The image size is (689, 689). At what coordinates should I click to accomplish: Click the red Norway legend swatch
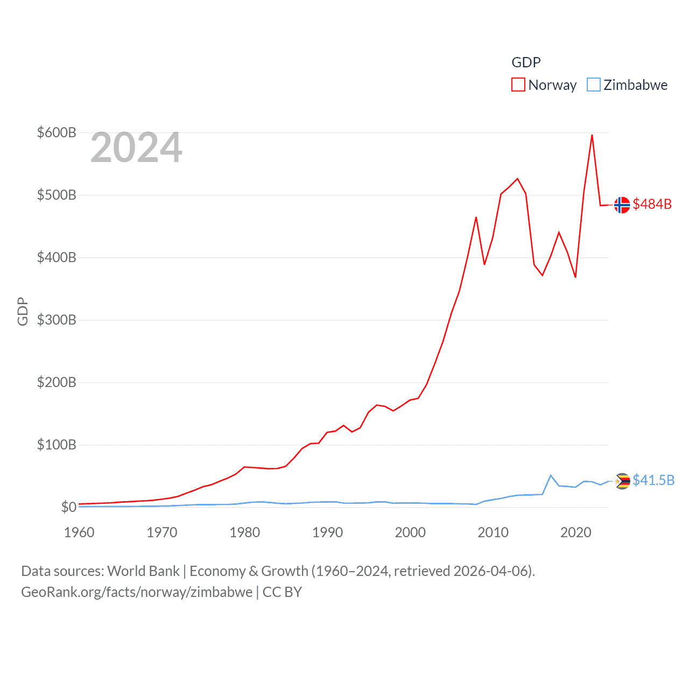[x=518, y=85]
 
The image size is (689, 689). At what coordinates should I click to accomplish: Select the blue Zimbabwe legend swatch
[x=593, y=85]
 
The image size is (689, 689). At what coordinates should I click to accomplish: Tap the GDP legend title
[x=526, y=62]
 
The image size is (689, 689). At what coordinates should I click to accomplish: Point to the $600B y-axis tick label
[x=57, y=132]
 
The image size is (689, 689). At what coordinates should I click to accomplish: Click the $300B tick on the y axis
[x=57, y=320]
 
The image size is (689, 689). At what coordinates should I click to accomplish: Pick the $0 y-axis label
[x=68, y=507]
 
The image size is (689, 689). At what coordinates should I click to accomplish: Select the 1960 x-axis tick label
[x=79, y=532]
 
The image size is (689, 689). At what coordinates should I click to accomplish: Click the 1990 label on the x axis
[x=327, y=532]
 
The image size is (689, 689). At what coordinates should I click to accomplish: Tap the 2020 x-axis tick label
[x=575, y=532]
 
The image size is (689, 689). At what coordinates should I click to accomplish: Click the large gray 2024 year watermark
[x=136, y=147]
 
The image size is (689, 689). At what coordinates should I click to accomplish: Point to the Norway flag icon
[x=622, y=205]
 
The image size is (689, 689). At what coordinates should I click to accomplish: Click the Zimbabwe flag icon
[x=622, y=481]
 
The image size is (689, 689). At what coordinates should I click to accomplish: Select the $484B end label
[x=652, y=204]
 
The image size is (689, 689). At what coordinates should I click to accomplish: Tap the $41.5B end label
[x=653, y=480]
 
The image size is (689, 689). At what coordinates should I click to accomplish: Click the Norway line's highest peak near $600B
[x=592, y=135]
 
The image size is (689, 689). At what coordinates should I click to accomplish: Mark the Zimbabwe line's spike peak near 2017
[x=550, y=475]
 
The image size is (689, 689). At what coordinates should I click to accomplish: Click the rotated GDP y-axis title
[x=23, y=311]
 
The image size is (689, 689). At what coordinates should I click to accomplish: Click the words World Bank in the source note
[x=143, y=571]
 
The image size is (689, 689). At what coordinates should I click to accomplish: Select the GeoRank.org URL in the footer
[x=137, y=592]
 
